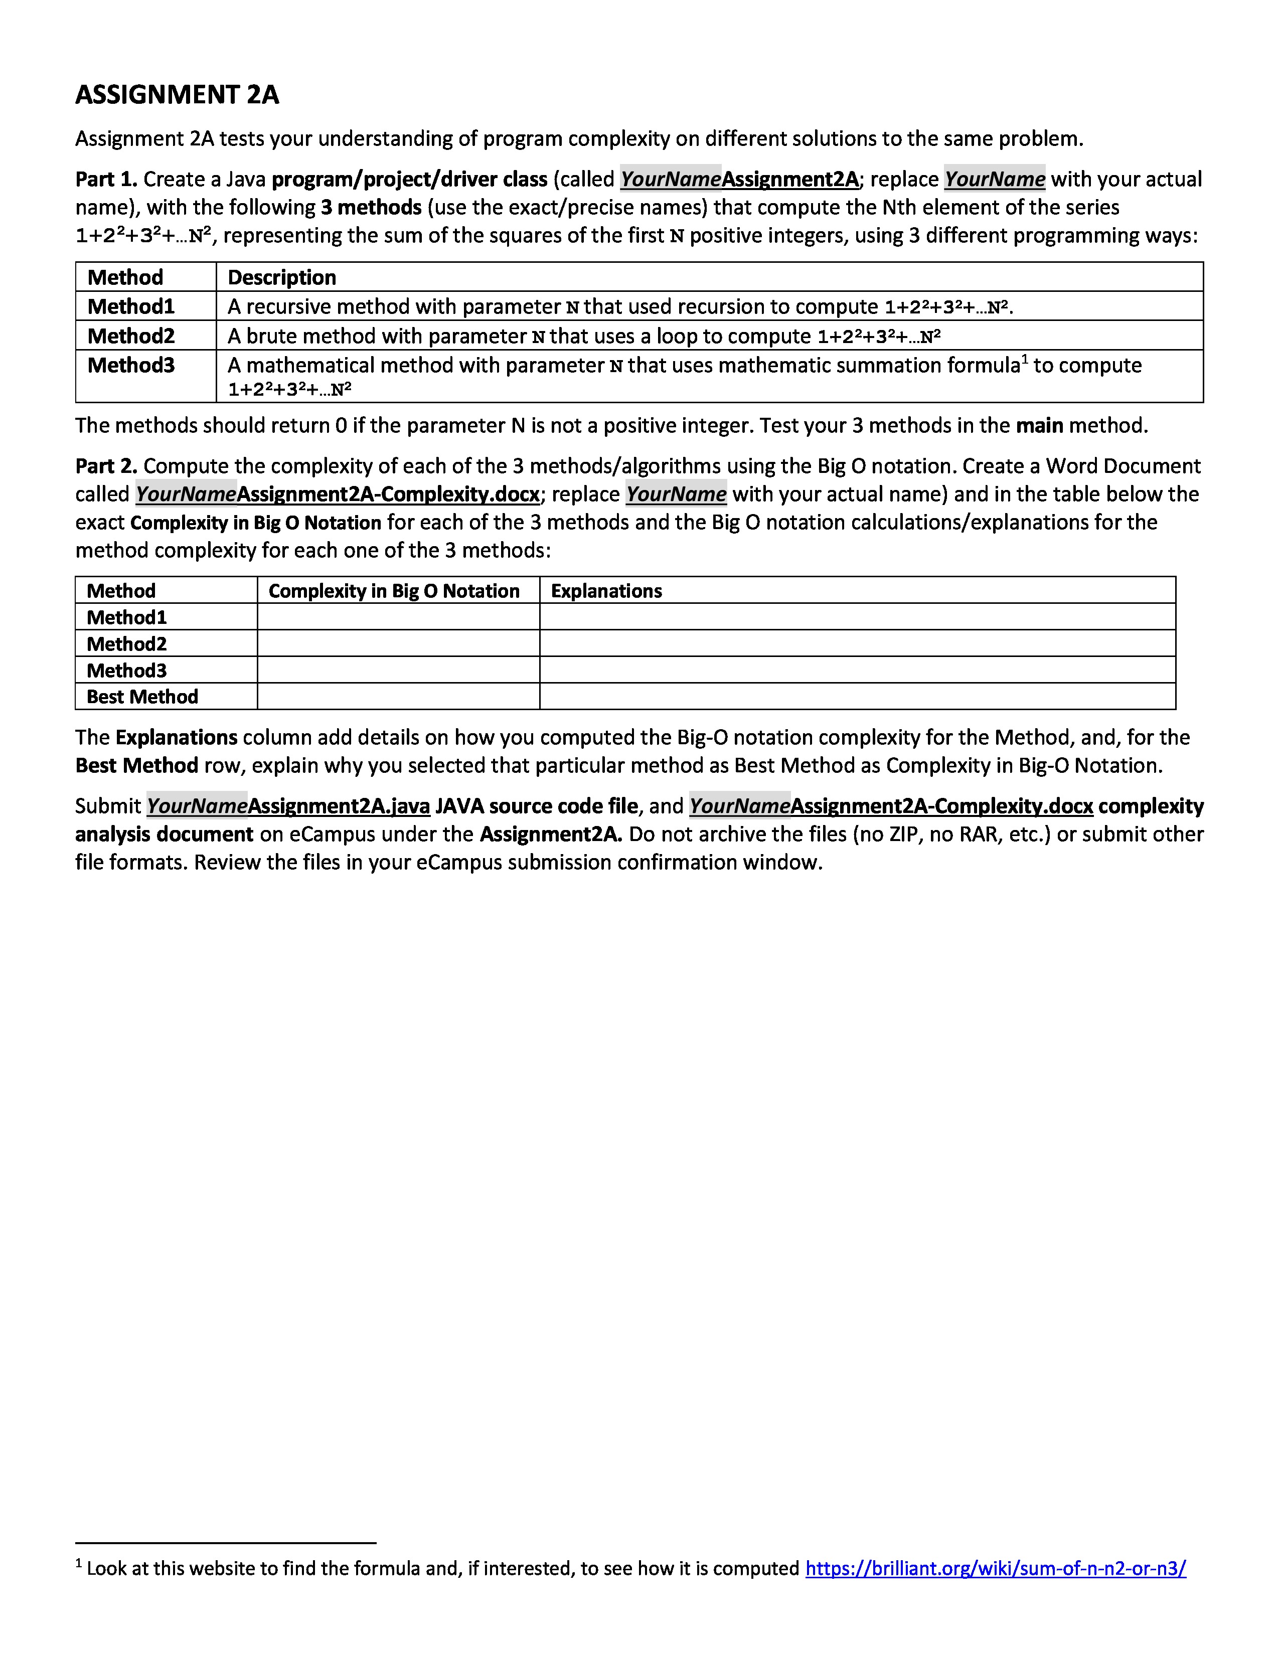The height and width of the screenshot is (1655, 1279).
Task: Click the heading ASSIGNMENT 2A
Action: pyautogui.click(x=177, y=95)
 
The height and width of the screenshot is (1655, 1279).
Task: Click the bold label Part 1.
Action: pyautogui.click(x=106, y=180)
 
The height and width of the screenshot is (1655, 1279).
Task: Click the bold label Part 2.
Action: pyautogui.click(x=106, y=466)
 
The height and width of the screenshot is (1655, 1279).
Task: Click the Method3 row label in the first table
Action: pyautogui.click(x=131, y=365)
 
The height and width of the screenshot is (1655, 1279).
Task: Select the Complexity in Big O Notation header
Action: pyautogui.click(x=394, y=591)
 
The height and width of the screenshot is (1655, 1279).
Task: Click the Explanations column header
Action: pyautogui.click(x=606, y=591)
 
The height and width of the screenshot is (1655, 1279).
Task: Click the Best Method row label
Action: pyautogui.click(x=142, y=697)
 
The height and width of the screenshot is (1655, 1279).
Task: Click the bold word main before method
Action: pyautogui.click(x=1040, y=426)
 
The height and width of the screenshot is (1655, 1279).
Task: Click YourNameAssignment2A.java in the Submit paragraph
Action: pyautogui.click(x=288, y=806)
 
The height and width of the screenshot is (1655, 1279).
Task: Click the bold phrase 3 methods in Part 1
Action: pyautogui.click(x=371, y=208)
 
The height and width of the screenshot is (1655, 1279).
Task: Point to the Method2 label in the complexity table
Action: pyautogui.click(x=126, y=643)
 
